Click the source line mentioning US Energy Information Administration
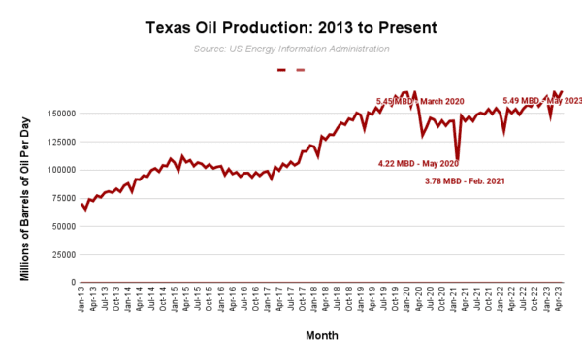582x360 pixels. pos(289,48)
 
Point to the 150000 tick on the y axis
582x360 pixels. pos(60,114)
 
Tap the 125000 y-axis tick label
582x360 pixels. pos(60,142)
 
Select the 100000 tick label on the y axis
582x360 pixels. pos(60,170)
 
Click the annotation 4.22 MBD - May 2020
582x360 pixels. pos(418,163)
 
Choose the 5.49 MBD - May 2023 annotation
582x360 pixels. pos(541,101)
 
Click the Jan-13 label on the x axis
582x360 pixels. pos(81,297)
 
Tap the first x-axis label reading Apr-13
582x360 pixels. pos(93,297)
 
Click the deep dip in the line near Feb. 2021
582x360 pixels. pos(457,159)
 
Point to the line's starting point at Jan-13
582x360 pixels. pos(81,204)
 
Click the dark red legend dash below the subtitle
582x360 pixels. pos(281,70)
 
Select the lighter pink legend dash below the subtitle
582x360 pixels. pos(300,70)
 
